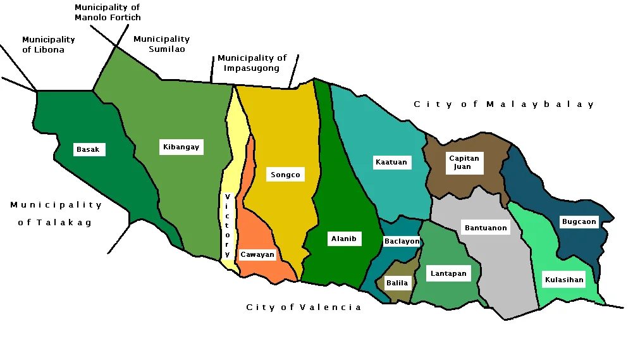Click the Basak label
pos(88,150)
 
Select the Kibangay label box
pos(181,147)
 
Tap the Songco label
pos(285,175)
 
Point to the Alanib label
pos(344,239)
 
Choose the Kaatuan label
pos(391,163)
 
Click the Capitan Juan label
pos(464,163)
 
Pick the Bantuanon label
pos(486,228)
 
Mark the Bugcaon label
pos(579,222)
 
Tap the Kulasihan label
pos(563,280)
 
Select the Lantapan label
pos(448,274)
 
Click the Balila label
pos(397,283)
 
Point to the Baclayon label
pos(402,241)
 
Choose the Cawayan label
pos(257,255)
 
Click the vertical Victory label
pos(227,225)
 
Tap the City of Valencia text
pos(304,307)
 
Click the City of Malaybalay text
pos(504,104)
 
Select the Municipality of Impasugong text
pos(252,63)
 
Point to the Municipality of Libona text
pos(48,44)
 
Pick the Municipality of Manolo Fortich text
pos(108,13)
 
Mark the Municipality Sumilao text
pos(161,44)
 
